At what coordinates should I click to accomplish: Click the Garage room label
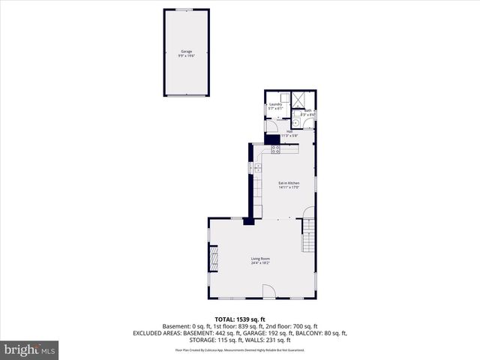coord(185,51)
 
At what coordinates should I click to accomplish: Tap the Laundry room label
coord(275,104)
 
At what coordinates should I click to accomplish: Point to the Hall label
coord(289,131)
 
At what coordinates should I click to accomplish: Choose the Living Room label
coord(260,258)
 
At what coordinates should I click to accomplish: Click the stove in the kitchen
coord(275,148)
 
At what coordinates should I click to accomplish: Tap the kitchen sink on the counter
coord(258,168)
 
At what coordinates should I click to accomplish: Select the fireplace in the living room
coord(214,259)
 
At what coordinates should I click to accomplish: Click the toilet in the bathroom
coord(295,122)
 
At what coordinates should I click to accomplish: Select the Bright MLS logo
coord(30,349)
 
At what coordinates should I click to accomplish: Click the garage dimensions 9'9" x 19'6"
coord(185,55)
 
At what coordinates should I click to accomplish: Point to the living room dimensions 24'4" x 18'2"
coord(260,262)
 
